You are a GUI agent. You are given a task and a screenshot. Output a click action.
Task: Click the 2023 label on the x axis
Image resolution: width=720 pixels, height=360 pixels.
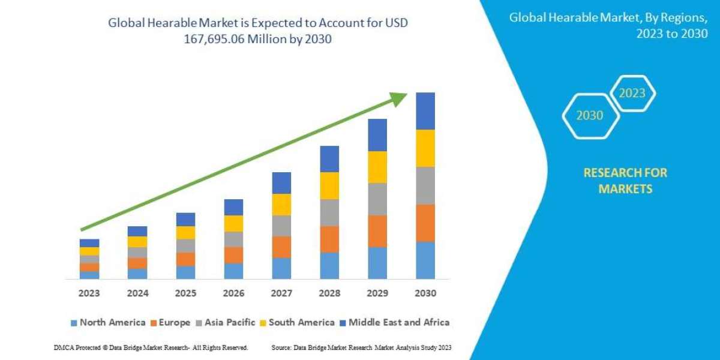[x=89, y=294]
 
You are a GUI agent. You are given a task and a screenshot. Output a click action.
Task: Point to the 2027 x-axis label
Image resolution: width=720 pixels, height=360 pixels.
[x=281, y=294]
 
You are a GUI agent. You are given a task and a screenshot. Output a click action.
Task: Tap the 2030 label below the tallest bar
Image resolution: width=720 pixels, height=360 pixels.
[x=425, y=294]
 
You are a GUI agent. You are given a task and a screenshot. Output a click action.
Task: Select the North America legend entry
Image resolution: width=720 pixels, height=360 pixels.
[x=108, y=322]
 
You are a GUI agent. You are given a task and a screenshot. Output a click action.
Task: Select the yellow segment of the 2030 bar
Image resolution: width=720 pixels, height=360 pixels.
[x=425, y=148]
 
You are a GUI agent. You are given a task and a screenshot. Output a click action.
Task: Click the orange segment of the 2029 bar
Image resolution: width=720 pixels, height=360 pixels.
[x=377, y=231]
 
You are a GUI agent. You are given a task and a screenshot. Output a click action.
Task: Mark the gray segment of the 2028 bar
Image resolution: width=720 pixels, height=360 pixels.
[x=329, y=212]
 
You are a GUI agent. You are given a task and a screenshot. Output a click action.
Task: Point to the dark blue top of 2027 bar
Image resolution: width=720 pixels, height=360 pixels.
[x=281, y=183]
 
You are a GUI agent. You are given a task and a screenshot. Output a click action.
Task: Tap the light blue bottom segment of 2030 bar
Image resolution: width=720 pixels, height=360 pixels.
[x=425, y=260]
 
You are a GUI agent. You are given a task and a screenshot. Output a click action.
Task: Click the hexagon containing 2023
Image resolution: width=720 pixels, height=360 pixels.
[x=632, y=93]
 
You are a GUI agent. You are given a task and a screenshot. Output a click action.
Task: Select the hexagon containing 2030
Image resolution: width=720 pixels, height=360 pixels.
[x=590, y=115]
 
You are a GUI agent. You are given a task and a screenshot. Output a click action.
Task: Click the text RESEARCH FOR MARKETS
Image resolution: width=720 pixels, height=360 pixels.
[x=625, y=181]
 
